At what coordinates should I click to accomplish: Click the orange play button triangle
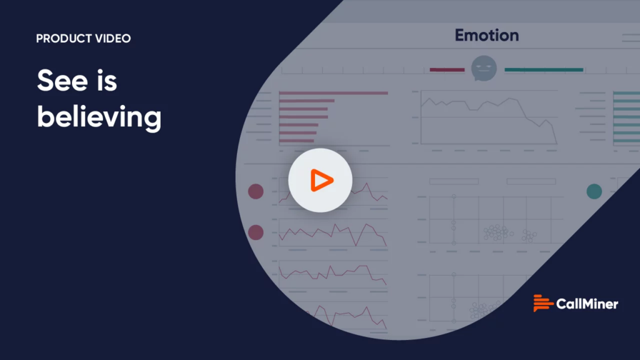pos(321,180)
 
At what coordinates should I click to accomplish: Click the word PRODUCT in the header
pos(64,38)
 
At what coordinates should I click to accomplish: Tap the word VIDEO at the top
pos(112,38)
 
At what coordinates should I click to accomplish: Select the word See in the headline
pos(62,81)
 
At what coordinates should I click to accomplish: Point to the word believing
pos(99,117)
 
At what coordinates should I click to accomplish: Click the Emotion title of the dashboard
pos(487,36)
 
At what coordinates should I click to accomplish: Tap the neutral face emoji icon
pos(484,68)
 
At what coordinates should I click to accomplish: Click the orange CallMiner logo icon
pos(543,303)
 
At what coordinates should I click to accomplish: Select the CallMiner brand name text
pos(587,304)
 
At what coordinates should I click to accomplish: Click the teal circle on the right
pos(594,191)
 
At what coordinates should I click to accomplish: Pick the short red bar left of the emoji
pos(447,70)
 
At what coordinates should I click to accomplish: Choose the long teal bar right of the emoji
pos(544,70)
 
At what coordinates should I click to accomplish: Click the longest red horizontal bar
pos(334,93)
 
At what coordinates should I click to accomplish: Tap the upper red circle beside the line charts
pos(256,191)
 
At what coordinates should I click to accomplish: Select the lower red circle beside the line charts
pos(256,232)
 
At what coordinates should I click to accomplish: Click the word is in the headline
pos(107,81)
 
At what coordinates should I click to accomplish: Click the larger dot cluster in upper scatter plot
pos(497,232)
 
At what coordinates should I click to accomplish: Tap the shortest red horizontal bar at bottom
pos(297,141)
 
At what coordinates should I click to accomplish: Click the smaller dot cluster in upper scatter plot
pos(529,236)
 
